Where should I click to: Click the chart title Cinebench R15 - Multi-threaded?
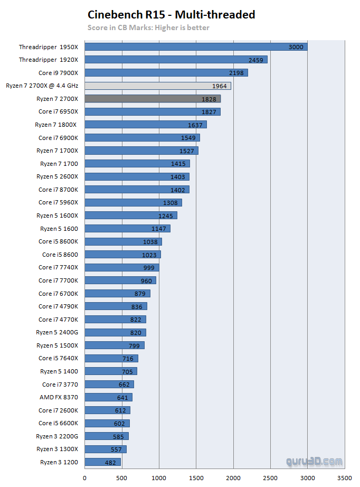(171, 15)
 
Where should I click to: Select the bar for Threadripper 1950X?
(196, 47)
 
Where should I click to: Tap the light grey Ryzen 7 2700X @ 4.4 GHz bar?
(157, 86)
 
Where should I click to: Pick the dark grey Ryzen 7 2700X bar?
(153, 99)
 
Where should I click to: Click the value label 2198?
(236, 73)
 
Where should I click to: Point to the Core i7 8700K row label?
(58, 190)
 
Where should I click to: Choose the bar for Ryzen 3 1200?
(102, 462)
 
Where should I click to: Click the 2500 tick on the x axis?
(270, 479)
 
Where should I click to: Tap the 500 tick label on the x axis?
(122, 479)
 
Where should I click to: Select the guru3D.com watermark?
(315, 461)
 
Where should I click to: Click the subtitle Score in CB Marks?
(148, 27)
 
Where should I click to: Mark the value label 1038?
(150, 241)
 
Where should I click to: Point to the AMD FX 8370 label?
(59, 397)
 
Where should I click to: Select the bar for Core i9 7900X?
(166, 73)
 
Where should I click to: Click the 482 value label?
(110, 462)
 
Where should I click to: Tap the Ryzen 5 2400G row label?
(57, 332)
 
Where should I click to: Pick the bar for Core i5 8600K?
(123, 241)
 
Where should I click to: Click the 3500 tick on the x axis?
(345, 479)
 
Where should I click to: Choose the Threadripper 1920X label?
(49, 60)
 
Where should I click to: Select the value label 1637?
(195, 125)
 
